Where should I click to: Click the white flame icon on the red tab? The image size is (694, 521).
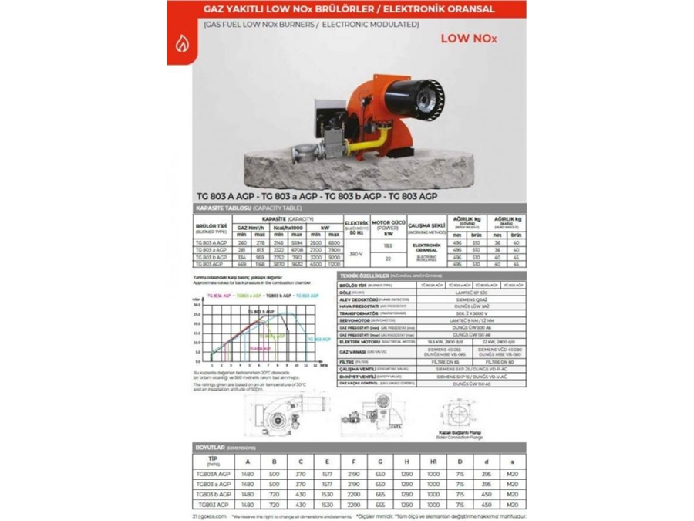pyautogui.click(x=182, y=44)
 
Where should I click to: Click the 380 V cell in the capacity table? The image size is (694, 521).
pyautogui.click(x=355, y=252)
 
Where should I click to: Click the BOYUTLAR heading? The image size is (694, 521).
pyautogui.click(x=213, y=448)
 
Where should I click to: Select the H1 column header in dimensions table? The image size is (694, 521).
pyautogui.click(x=433, y=462)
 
